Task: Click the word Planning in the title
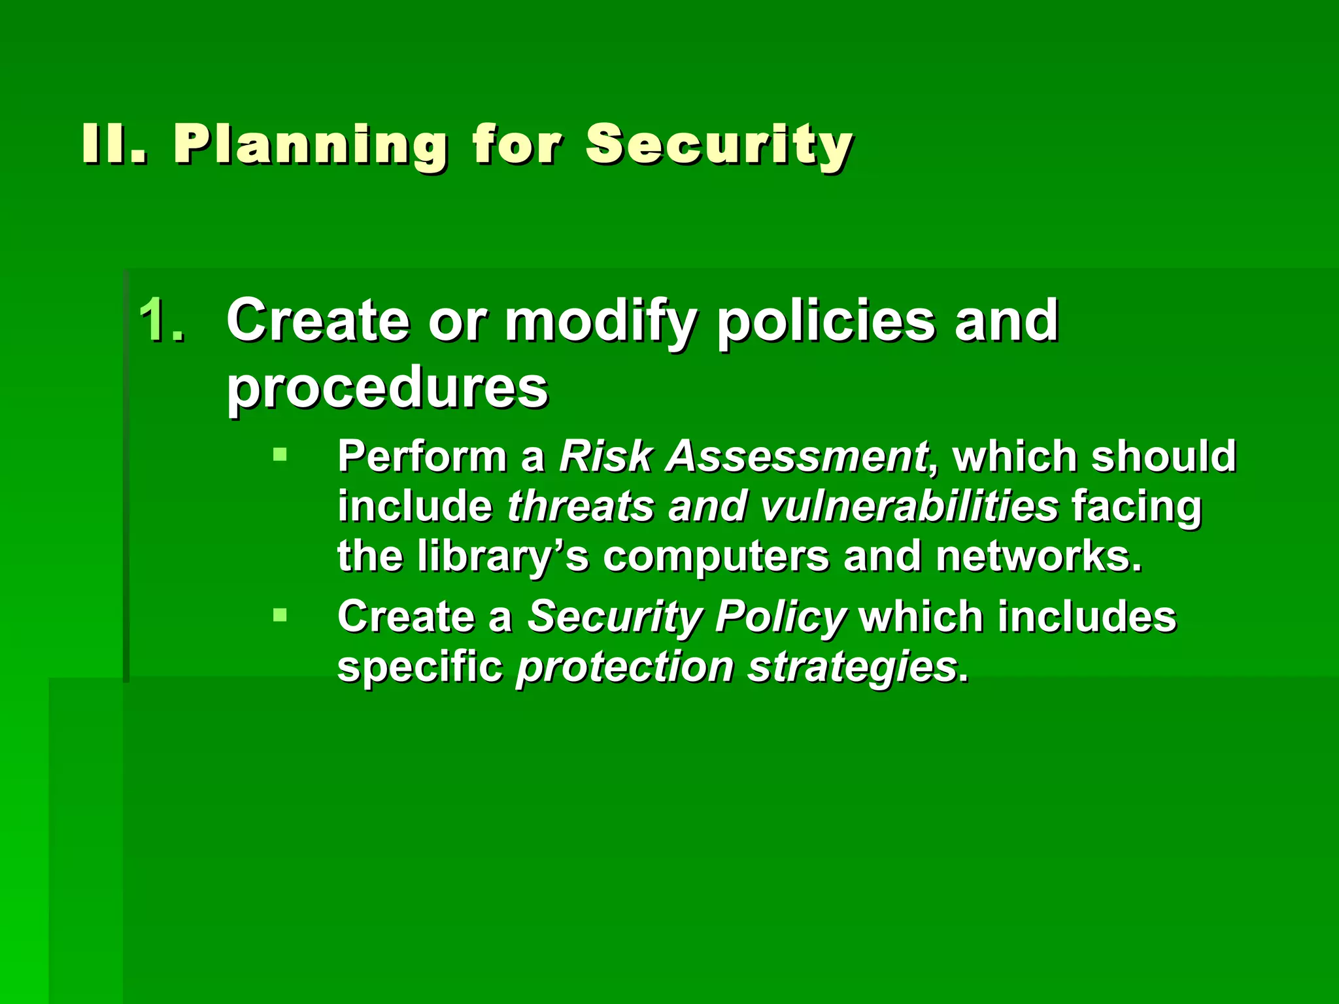coord(311,145)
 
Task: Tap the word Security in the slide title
coord(719,145)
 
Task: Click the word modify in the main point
coord(600,322)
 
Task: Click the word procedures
coord(387,388)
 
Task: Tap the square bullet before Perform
coord(280,454)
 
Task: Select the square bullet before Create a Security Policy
coord(280,614)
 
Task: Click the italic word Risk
coord(606,456)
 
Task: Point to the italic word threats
coord(581,506)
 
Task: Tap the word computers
coord(715,557)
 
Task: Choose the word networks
coord(1038,556)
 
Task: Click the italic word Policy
coord(781,618)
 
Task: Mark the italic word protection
coord(624,667)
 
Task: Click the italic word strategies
coord(853,667)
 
